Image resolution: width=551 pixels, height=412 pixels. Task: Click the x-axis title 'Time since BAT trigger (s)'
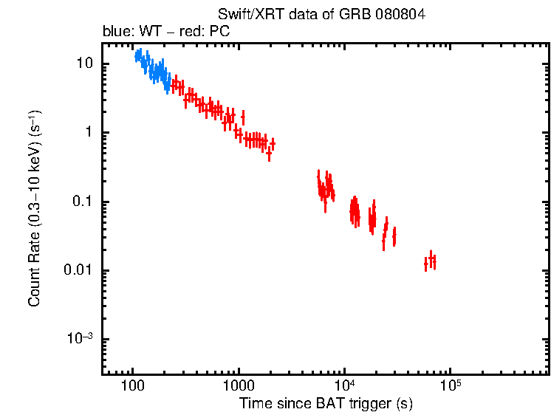(x=326, y=403)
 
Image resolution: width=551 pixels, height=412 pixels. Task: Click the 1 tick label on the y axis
(x=89, y=133)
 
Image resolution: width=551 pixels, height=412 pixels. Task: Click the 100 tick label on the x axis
(x=132, y=386)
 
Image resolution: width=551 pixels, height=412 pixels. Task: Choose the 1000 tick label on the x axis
(x=239, y=386)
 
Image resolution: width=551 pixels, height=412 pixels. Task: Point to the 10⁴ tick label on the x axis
(x=344, y=385)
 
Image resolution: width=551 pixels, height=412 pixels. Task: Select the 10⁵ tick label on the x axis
(x=451, y=385)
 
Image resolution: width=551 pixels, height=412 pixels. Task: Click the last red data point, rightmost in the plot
(x=434, y=261)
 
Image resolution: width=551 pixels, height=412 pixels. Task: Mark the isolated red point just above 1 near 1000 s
(x=243, y=117)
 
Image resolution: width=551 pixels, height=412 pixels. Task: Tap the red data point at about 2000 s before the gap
(x=273, y=143)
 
